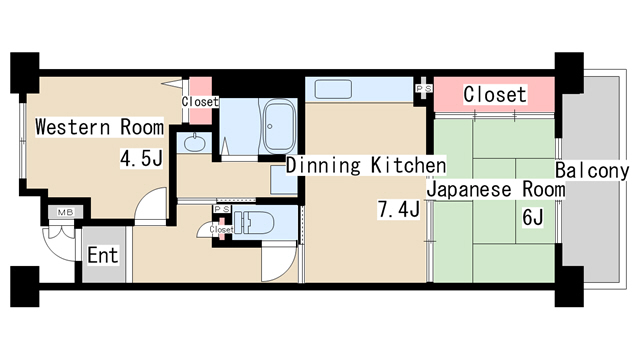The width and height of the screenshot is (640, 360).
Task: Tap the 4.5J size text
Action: pyautogui.click(x=141, y=158)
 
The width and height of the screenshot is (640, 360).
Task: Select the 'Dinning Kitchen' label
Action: pyautogui.click(x=365, y=165)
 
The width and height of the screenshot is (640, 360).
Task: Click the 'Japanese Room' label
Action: pyautogui.click(x=495, y=189)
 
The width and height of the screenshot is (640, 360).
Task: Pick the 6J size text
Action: pyautogui.click(x=531, y=217)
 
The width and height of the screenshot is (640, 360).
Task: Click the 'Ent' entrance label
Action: pyautogui.click(x=102, y=255)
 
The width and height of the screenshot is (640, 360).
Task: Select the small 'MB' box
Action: pyautogui.click(x=65, y=212)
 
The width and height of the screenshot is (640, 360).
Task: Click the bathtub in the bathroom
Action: pyautogui.click(x=275, y=128)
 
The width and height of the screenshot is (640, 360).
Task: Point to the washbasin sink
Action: pyautogui.click(x=193, y=143)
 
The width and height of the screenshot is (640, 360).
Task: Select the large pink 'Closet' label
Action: pyautogui.click(x=494, y=94)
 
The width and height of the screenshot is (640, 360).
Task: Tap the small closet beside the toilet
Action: pyautogui.click(x=221, y=230)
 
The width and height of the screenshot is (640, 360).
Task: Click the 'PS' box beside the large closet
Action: pyautogui.click(x=424, y=89)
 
